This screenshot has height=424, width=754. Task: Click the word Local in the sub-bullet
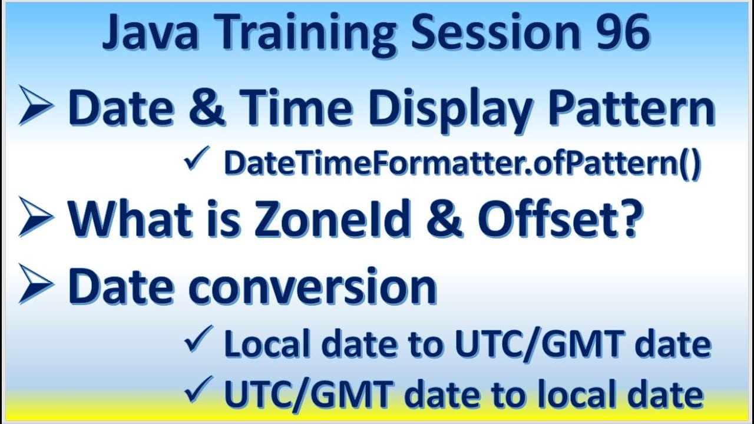pos(265,344)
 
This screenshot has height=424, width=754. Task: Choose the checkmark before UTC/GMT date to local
pos(196,390)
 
